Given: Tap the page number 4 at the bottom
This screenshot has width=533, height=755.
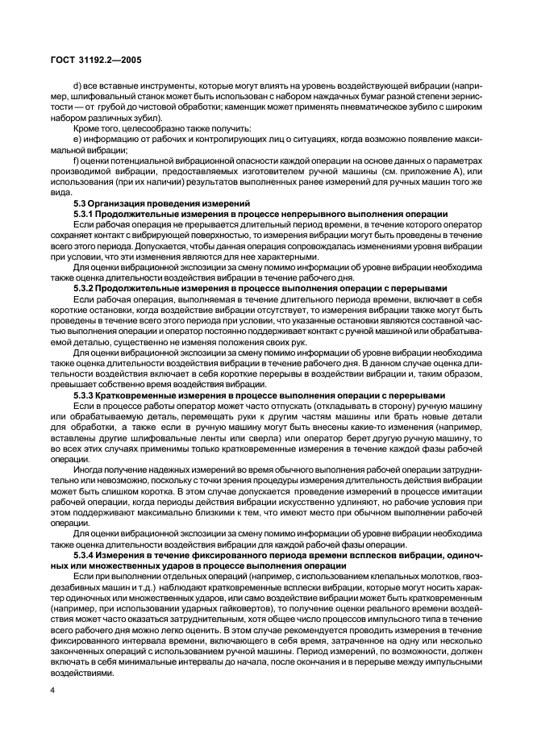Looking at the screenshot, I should (x=52, y=690).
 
